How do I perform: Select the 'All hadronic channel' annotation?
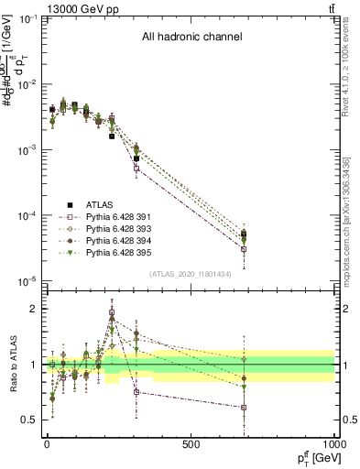point(191,38)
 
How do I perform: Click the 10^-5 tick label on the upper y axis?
point(26,280)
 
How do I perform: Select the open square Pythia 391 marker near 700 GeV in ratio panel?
point(244,408)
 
